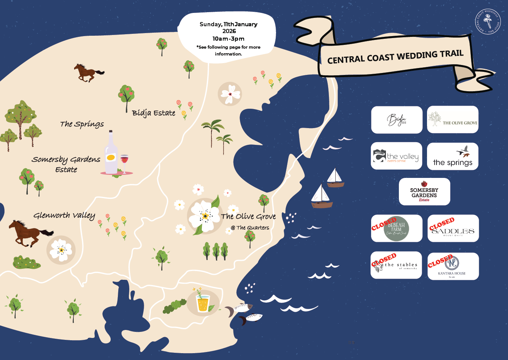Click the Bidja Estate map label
(x=154, y=113)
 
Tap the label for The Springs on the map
(x=82, y=124)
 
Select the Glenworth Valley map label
(x=64, y=216)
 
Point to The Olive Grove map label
(x=248, y=217)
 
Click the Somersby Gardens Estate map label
(x=66, y=164)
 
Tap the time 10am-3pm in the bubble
(x=229, y=39)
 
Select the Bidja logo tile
(x=397, y=120)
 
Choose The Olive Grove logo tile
(x=452, y=120)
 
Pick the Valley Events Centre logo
(x=397, y=156)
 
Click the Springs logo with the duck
(x=452, y=156)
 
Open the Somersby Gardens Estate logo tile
(x=424, y=192)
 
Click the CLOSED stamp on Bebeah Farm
(x=384, y=224)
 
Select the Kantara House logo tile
(x=453, y=266)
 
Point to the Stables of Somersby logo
(x=397, y=265)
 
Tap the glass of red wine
(x=124, y=163)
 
